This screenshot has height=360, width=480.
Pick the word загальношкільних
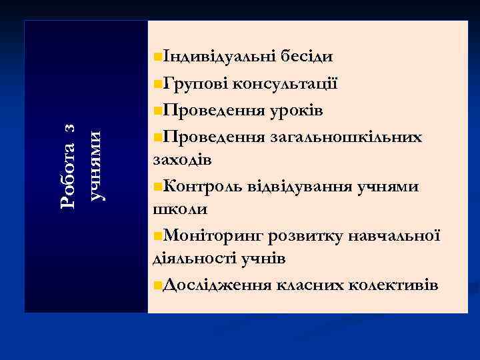[345, 137]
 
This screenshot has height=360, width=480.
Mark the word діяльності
[192, 259]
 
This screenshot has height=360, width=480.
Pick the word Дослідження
[216, 285]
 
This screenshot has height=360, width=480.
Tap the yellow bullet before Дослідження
[156, 285]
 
